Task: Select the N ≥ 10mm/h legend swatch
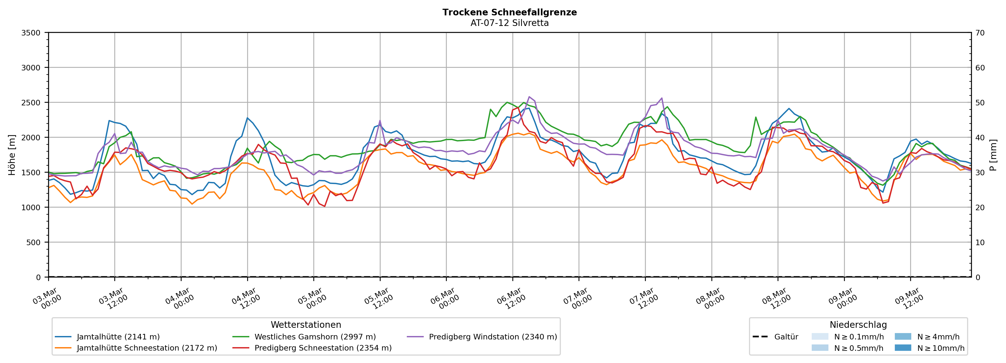point(903,348)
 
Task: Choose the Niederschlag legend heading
point(858,325)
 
